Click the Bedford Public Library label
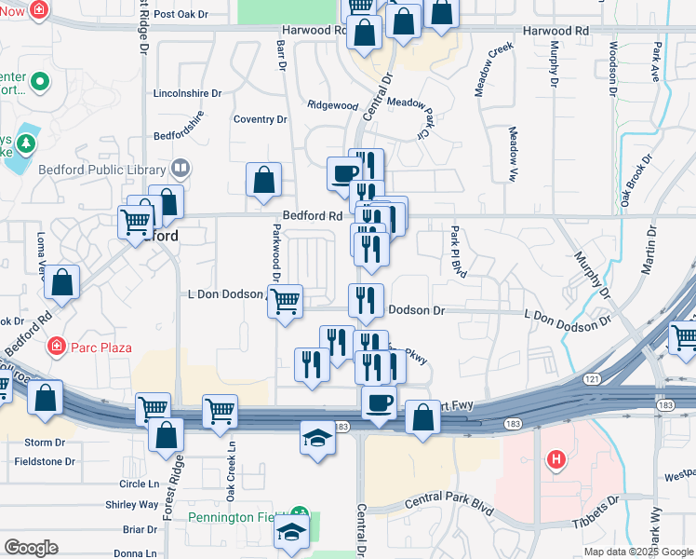(101, 169)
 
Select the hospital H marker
(556, 459)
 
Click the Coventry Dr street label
(260, 119)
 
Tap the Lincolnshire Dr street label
(187, 93)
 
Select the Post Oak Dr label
(180, 14)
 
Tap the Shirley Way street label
(132, 504)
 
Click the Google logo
(30, 548)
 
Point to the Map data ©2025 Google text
(637, 552)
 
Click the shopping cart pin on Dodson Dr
(286, 300)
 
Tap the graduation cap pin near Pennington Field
(291, 533)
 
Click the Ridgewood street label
(332, 106)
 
